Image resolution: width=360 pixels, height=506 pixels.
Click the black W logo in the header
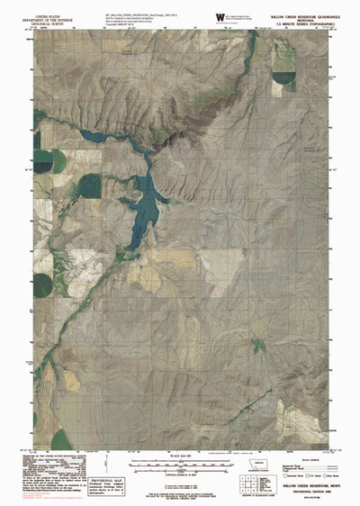220,18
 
